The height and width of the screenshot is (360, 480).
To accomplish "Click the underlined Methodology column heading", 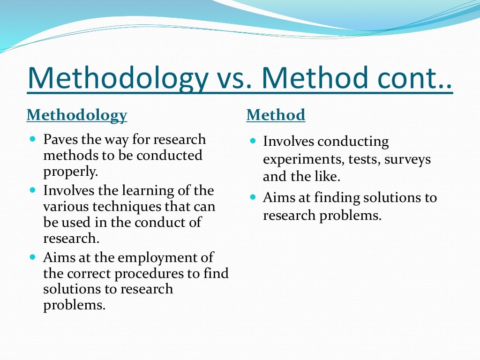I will tap(76, 115).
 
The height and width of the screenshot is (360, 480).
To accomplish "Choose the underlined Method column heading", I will tap(276, 115).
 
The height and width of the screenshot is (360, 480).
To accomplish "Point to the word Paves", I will tap(60, 140).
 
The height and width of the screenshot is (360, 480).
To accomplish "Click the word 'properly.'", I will tap(71, 171).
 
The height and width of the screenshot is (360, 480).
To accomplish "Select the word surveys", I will tap(407, 159).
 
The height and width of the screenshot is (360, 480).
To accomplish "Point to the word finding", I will tap(333, 198).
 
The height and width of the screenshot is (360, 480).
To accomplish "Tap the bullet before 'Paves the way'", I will tap(32, 140).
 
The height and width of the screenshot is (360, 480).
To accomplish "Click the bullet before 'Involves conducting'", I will tap(253, 141).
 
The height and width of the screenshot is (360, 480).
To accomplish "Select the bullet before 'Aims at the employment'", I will tap(32, 257).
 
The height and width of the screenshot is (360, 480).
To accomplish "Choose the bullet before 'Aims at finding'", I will tap(253, 197).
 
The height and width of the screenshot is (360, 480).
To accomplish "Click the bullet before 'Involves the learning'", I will tap(32, 190).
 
